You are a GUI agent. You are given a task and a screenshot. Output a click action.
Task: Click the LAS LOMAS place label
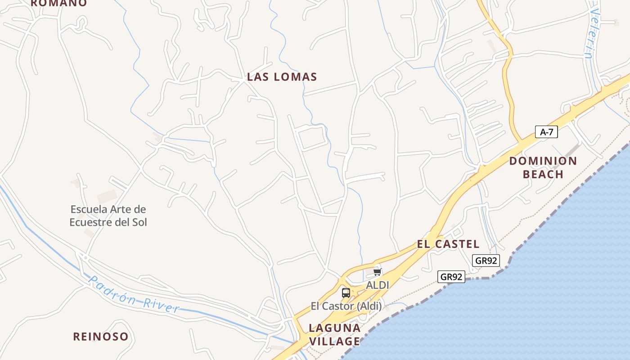282,77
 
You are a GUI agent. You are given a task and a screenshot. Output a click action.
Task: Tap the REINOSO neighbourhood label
101,337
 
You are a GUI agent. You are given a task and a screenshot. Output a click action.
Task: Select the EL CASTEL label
448,244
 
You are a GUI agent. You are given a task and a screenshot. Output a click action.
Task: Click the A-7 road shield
546,132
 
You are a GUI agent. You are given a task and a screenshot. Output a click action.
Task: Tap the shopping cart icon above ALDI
377,272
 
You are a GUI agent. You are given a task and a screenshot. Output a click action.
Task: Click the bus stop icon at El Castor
346,293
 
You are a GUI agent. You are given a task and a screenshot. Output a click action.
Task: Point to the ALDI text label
377,285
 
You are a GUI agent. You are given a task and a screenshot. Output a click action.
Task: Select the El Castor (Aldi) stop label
346,306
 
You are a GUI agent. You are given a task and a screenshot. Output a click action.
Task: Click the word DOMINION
543,161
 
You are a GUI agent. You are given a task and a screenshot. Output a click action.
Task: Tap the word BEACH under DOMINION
543,175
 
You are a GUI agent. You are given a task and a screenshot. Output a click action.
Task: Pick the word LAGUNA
335,328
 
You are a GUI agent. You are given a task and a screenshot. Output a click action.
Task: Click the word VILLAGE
334,341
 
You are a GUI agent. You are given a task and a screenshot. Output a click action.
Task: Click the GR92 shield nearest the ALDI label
451,277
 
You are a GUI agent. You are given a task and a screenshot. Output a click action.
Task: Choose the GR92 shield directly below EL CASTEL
486,260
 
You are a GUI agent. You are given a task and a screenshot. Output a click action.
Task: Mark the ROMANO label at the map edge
58,3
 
